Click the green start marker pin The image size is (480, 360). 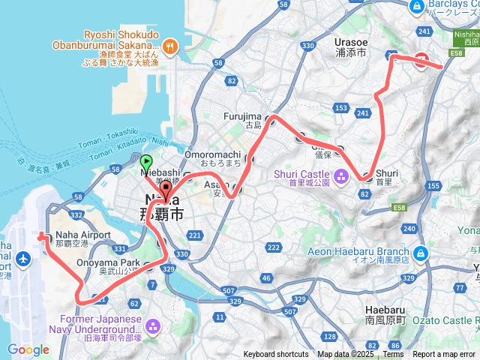pyautogui.click(x=146, y=161)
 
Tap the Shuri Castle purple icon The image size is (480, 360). pyautogui.click(x=341, y=178)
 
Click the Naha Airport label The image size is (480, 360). pyautogui.click(x=82, y=235)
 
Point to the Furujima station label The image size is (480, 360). pyautogui.click(x=242, y=116)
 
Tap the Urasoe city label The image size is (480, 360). pyautogui.click(x=350, y=44)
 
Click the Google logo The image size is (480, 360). pyautogui.click(x=28, y=349)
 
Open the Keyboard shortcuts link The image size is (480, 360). pyautogui.click(x=275, y=354)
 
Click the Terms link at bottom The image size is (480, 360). pyautogui.click(x=393, y=354)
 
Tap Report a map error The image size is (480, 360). pyautogui.click(x=444, y=354)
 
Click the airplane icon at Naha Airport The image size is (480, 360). pyautogui.click(x=22, y=259)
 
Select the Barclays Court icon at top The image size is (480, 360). pyautogui.click(x=417, y=6)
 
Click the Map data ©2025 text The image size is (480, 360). pyautogui.click(x=345, y=354)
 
